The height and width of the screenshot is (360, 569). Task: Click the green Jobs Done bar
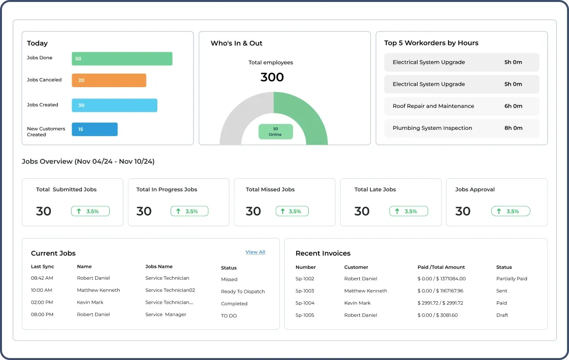tap(122, 59)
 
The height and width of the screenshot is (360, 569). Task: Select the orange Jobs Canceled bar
tap(109, 80)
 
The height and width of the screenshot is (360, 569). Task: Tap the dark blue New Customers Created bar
tap(95, 129)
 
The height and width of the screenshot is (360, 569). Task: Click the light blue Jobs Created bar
tap(114, 105)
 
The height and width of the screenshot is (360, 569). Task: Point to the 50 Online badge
tap(275, 132)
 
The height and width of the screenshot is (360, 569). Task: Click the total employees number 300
tap(272, 77)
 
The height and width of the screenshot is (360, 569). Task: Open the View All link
tap(255, 252)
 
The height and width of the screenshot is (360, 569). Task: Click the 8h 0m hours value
tap(513, 128)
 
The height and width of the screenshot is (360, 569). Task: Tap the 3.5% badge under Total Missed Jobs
tap(295, 211)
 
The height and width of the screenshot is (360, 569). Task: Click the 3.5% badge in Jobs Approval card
tap(511, 211)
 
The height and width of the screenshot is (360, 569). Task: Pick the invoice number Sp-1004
tap(305, 303)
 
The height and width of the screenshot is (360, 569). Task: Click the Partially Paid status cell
tap(512, 279)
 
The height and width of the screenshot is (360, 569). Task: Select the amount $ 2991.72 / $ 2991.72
tap(440, 303)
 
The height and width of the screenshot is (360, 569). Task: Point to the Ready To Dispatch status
tap(243, 291)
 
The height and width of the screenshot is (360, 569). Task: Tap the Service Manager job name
tap(166, 314)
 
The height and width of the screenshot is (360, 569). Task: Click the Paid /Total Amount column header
tap(441, 267)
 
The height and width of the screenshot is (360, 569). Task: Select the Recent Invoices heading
tap(323, 253)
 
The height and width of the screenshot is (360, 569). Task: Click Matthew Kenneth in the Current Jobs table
tap(98, 290)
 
